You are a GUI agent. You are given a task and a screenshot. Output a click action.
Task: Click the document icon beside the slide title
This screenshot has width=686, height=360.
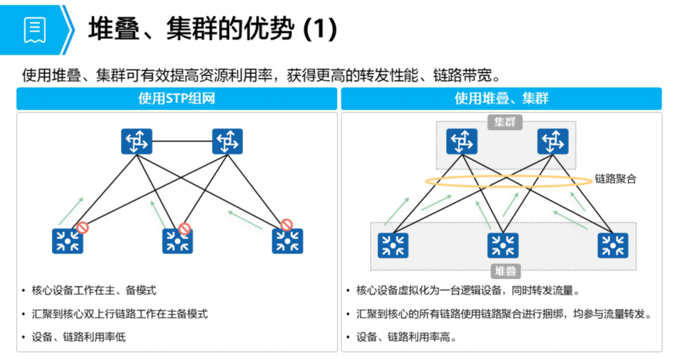click(x=35, y=29)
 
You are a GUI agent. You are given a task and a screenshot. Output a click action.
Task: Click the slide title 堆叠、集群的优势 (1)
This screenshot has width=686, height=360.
click(x=213, y=28)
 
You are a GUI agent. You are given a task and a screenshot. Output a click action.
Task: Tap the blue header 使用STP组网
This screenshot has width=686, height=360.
click(x=177, y=98)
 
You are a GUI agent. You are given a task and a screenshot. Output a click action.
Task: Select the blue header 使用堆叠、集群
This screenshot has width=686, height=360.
click(x=501, y=98)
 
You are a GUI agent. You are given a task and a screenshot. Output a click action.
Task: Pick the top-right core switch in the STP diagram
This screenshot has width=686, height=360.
click(x=227, y=141)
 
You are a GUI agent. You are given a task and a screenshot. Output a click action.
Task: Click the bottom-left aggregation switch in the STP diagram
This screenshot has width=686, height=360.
click(x=68, y=241)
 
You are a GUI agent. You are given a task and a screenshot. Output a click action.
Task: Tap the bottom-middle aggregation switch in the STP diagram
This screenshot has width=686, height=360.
click(x=177, y=241)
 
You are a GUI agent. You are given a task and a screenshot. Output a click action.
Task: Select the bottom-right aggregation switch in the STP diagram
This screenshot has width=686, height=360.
click(x=287, y=241)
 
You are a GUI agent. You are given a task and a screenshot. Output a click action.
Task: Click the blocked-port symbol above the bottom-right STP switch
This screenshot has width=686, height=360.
click(x=286, y=225)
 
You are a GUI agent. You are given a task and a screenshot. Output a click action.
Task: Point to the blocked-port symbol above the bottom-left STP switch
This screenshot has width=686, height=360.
click(x=82, y=227)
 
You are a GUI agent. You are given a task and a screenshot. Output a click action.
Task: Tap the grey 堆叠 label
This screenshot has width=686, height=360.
click(x=505, y=271)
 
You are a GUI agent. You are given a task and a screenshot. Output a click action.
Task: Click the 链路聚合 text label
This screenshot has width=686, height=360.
click(x=615, y=179)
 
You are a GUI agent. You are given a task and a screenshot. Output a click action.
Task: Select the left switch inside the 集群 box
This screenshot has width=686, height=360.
click(x=462, y=142)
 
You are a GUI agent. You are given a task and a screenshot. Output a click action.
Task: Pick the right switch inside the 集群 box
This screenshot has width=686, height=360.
click(x=553, y=142)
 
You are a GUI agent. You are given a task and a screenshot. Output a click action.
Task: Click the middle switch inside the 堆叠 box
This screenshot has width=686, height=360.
click(x=503, y=245)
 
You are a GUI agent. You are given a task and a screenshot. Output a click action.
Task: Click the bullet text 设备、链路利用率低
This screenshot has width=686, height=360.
click(x=78, y=337)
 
